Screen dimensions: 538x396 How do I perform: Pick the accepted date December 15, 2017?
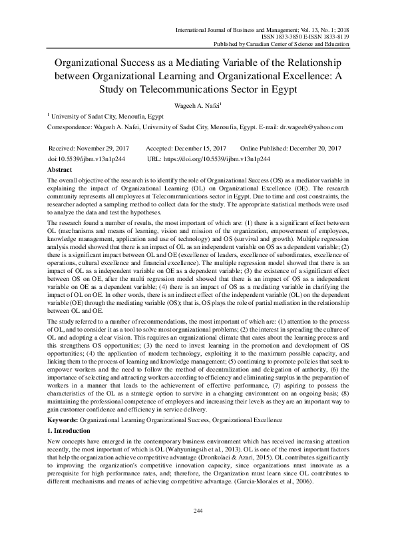[x=198, y=148]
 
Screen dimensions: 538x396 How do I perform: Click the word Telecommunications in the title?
[x=174, y=89]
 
